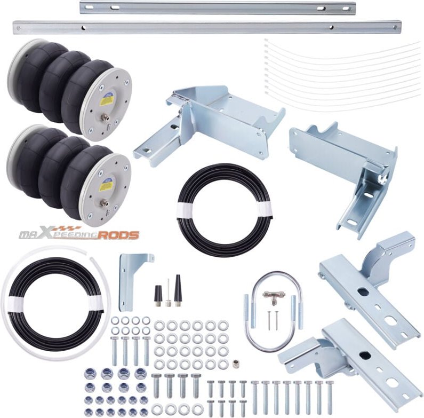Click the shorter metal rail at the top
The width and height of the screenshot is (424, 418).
(x=217, y=8)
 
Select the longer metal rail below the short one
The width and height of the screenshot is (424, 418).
(x=207, y=27)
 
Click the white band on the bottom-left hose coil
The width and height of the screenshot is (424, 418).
(x=96, y=302)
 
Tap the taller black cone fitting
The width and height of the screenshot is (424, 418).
(x=178, y=290)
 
